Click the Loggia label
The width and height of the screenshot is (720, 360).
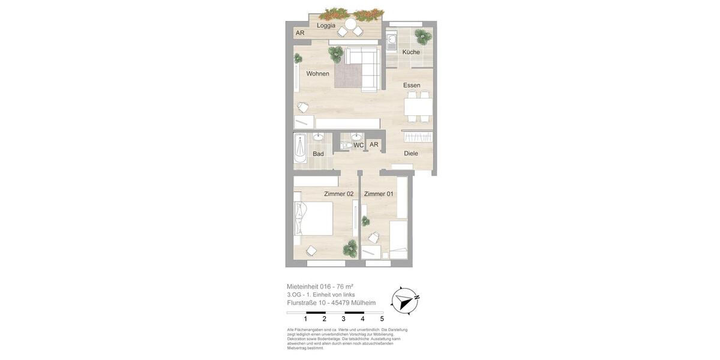[x=326, y=25]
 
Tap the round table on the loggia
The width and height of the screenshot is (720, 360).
[x=350, y=24]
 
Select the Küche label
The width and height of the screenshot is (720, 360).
[x=411, y=52]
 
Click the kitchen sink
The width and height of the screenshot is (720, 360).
[x=391, y=41]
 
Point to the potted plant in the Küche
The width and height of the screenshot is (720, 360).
[x=424, y=36]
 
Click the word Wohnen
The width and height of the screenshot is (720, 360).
[x=317, y=74]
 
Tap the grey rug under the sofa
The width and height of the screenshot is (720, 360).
[x=347, y=76]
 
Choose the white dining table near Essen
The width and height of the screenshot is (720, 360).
[x=418, y=106]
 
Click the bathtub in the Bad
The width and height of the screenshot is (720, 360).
[x=300, y=148]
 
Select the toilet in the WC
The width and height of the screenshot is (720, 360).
[x=346, y=145]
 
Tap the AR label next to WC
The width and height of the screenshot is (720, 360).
[x=374, y=145]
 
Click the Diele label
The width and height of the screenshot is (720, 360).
[x=411, y=154]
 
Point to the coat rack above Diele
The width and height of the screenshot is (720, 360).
[x=418, y=137]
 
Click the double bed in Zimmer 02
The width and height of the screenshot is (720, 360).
[x=313, y=218]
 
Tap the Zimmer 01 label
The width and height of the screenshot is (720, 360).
[x=379, y=194]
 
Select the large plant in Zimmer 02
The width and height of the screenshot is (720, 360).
[x=350, y=248]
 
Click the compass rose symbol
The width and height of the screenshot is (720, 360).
[x=404, y=300]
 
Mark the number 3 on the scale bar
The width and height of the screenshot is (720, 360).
[x=343, y=319]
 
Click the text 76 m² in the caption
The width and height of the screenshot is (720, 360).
[x=344, y=287]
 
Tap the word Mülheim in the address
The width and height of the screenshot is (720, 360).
[x=363, y=303]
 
